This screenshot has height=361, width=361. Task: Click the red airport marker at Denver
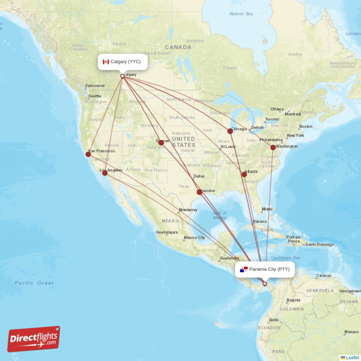[x=161, y=143]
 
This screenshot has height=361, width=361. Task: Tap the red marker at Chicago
[x=230, y=131]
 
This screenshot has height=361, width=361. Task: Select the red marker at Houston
[x=199, y=192]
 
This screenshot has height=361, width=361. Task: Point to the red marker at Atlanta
[x=244, y=174]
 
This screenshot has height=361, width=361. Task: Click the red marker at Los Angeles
[x=105, y=173]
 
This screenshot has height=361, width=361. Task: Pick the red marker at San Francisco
[x=88, y=154]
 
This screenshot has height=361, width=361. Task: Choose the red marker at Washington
[x=273, y=148]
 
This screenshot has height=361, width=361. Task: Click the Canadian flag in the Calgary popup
[x=106, y=62]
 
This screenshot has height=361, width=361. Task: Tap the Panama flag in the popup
[x=244, y=269]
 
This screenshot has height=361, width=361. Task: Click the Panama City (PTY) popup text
[x=269, y=269]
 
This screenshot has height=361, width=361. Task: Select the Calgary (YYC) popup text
[x=125, y=62]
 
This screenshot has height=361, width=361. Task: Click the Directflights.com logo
[x=33, y=339]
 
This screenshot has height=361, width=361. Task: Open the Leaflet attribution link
[x=352, y=357]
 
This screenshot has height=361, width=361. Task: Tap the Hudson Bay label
[x=241, y=14]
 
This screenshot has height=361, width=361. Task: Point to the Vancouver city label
[x=95, y=85]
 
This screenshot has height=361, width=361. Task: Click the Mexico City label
[x=194, y=237]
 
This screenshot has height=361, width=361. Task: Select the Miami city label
[x=267, y=209]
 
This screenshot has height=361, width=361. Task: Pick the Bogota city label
[x=293, y=300]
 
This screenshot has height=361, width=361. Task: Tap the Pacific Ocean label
[x=34, y=283]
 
